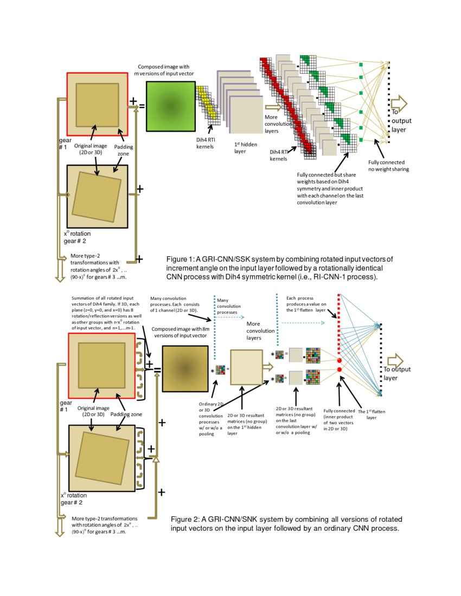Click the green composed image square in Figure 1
tap(170, 107)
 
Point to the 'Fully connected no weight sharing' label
tap(388, 165)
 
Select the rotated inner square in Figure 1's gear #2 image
tap(97, 197)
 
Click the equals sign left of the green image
tap(142, 106)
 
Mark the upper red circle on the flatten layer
tap(340, 360)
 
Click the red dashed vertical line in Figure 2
tap(339, 325)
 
